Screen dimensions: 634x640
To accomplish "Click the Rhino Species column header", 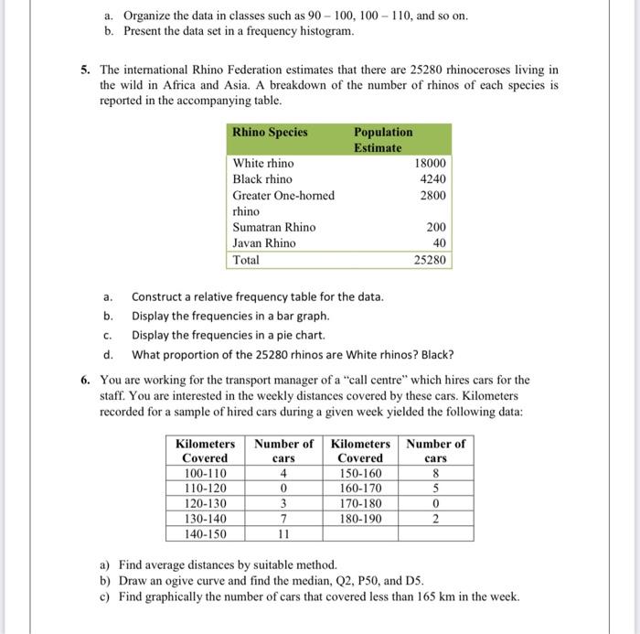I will pos(270,132).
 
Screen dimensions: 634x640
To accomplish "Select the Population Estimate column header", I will pos(383,139).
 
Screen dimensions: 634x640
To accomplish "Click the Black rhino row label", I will pos(262,179).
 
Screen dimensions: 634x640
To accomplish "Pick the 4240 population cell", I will pos(432,179).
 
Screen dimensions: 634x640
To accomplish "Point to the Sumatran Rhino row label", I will pos(273,227).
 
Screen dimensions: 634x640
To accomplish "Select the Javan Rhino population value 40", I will pos(439,243).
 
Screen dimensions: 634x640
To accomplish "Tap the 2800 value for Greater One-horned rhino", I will pos(432,196).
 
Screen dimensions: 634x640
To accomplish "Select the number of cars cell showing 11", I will pos(283,533).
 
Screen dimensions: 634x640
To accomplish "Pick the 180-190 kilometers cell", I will pos(360,519).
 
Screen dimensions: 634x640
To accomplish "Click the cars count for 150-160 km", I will pos(436,474).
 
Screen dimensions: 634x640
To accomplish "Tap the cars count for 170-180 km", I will pos(436,504).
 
